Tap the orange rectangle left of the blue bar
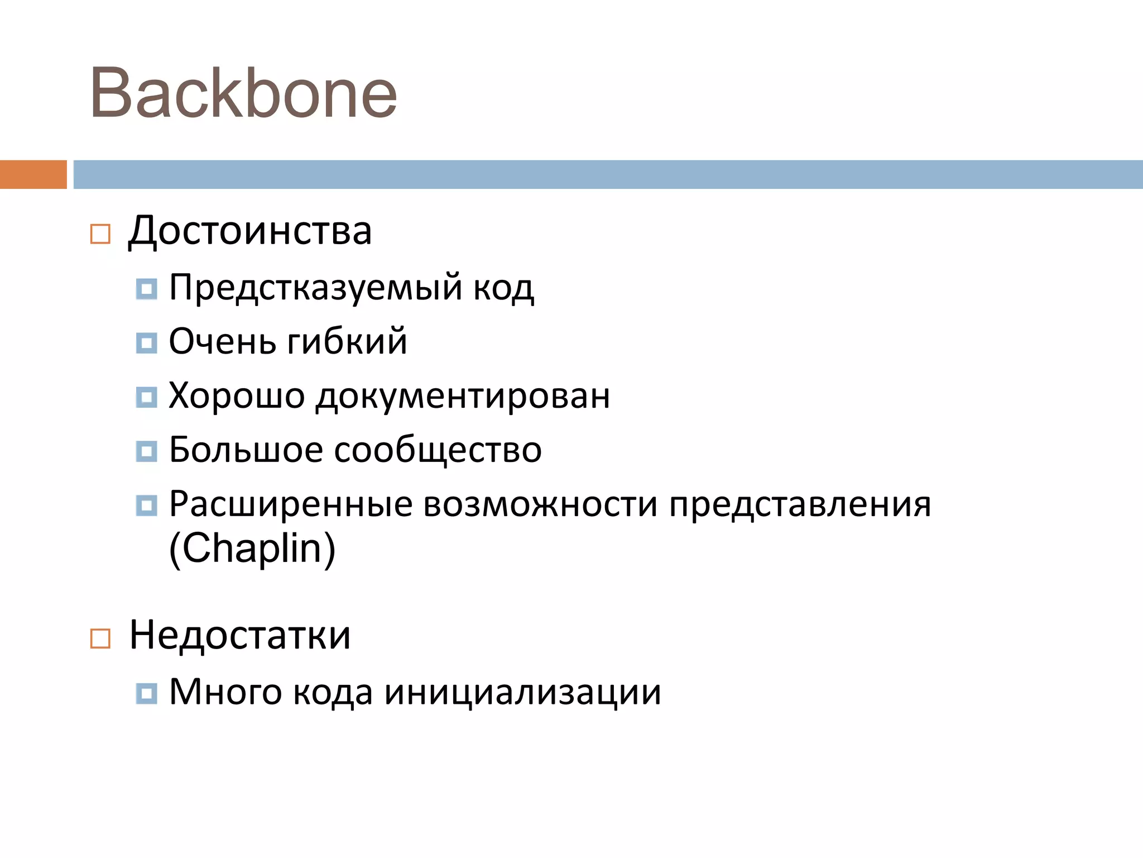pos(33,174)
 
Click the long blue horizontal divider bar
pos(607,174)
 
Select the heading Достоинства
pos(250,231)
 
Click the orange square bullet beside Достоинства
pos(100,233)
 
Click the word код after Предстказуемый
pos(503,288)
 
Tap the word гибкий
pos(347,342)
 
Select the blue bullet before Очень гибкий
pos(146,343)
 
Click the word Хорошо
pos(237,396)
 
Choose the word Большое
pos(246,450)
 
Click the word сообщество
pos(438,450)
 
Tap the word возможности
pos(540,504)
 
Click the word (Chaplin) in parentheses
pos(252,549)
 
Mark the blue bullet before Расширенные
pos(146,506)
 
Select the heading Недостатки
pos(240,635)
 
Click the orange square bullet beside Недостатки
pos(100,638)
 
